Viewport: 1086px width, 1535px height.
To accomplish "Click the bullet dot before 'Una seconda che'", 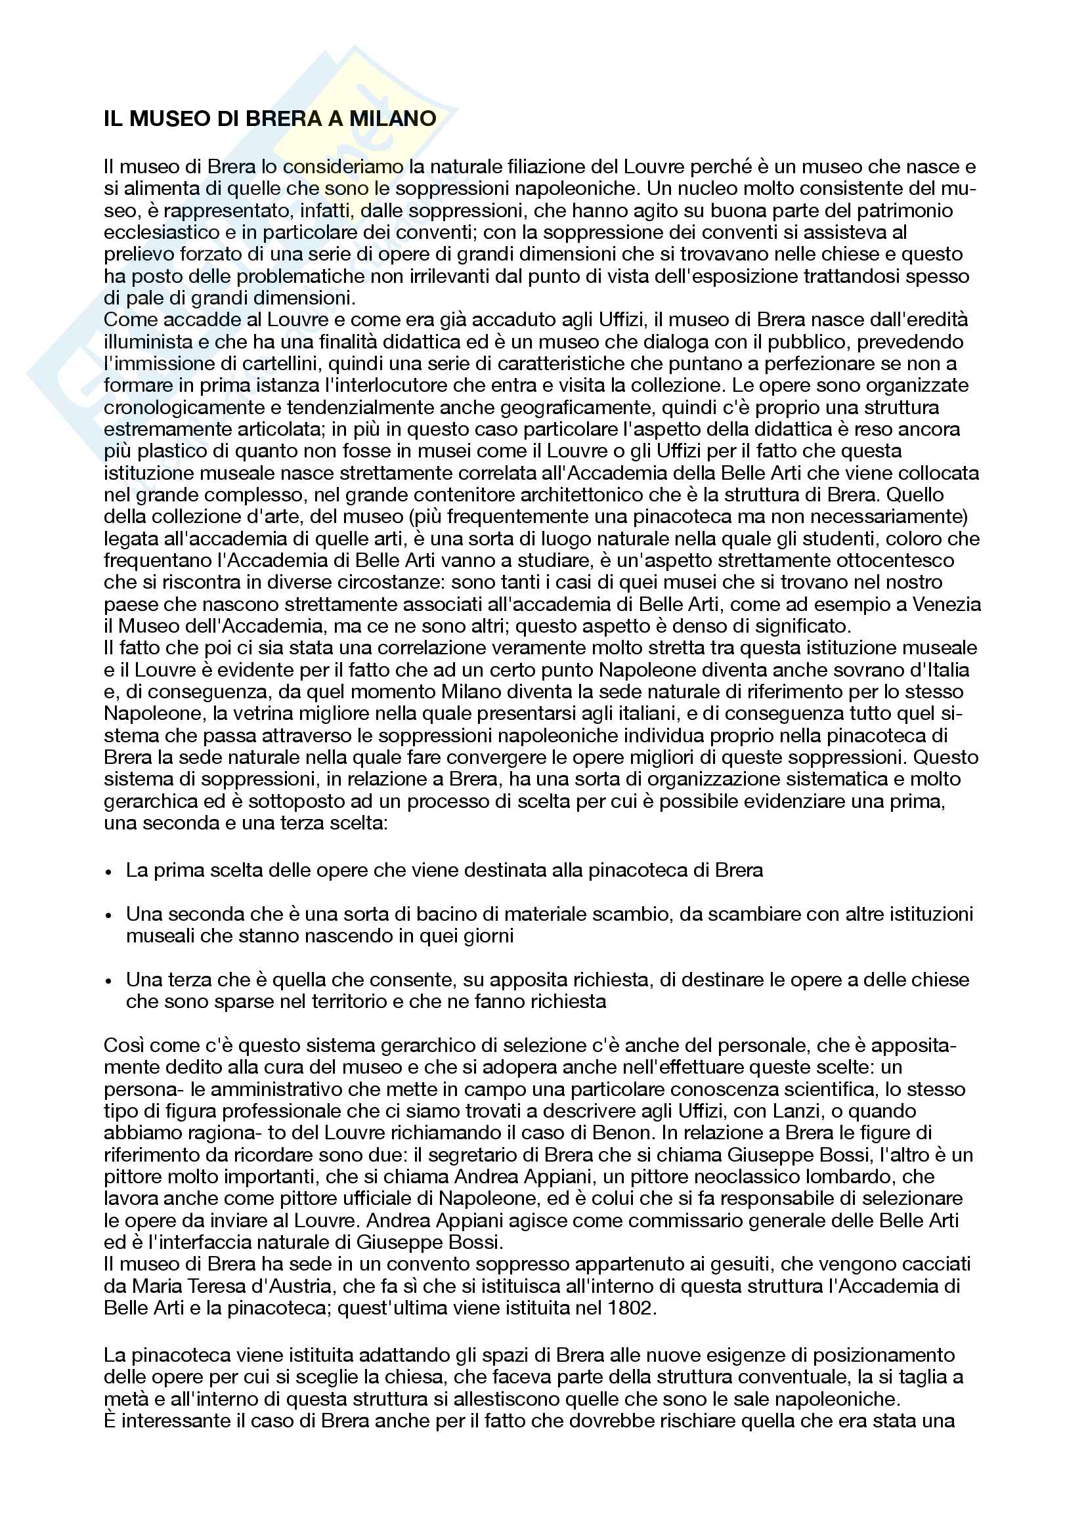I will [x=109, y=915].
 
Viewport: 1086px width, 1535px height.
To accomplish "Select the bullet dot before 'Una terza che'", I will [x=109, y=980].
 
